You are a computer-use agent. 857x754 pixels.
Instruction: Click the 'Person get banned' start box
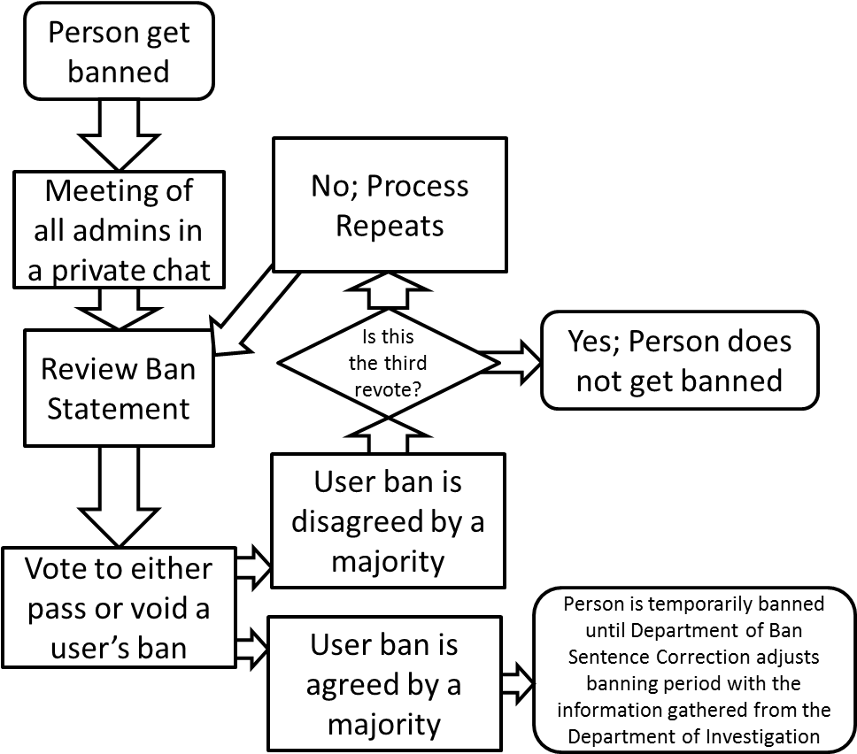pos(119,51)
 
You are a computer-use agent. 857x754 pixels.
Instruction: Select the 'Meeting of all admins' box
pos(119,229)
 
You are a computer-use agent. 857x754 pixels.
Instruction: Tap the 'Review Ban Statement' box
pos(119,389)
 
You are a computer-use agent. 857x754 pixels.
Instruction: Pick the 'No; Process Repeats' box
pos(390,205)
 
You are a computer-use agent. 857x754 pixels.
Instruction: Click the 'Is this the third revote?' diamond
pos(388,363)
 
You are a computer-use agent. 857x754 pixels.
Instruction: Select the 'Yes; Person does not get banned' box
pos(679,361)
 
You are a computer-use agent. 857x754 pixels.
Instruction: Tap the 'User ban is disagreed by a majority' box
pos(388,521)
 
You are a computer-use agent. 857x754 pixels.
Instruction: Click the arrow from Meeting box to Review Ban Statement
pos(119,306)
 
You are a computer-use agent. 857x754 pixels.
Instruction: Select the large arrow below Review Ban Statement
pos(119,496)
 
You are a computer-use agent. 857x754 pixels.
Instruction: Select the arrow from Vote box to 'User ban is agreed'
pos(252,650)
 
